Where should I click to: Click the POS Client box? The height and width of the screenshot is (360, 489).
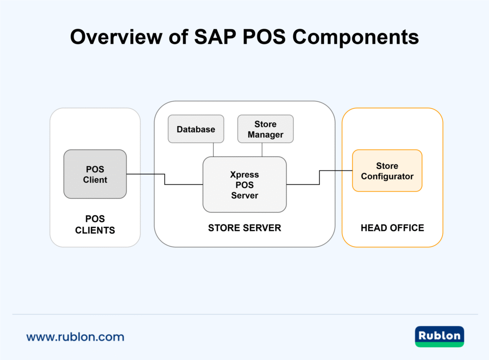coord(95,174)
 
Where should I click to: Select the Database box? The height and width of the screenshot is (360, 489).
coord(196,129)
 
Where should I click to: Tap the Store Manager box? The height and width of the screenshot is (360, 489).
coord(266,129)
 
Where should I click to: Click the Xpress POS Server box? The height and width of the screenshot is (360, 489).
coord(244,184)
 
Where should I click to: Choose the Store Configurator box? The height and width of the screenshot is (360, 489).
coord(387,171)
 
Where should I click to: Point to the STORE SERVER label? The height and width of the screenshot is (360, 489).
coord(244,228)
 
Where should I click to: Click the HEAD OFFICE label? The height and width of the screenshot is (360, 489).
coord(392,228)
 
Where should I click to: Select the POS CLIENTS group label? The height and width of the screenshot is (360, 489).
coord(95,224)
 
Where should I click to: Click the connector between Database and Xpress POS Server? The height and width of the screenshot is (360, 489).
coord(213,149)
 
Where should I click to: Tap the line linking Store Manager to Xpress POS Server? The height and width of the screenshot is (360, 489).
coord(262,149)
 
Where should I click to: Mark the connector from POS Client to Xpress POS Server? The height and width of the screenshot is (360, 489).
coord(165,179)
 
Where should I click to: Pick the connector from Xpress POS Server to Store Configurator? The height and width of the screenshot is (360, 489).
coord(319,177)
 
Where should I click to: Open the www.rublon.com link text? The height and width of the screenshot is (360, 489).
coord(75,337)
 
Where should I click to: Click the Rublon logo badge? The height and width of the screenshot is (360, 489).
coord(439,336)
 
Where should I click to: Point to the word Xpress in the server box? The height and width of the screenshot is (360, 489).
coord(244,174)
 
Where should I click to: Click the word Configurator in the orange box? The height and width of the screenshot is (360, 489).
coord(387,176)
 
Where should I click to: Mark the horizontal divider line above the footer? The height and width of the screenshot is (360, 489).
coord(244,314)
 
